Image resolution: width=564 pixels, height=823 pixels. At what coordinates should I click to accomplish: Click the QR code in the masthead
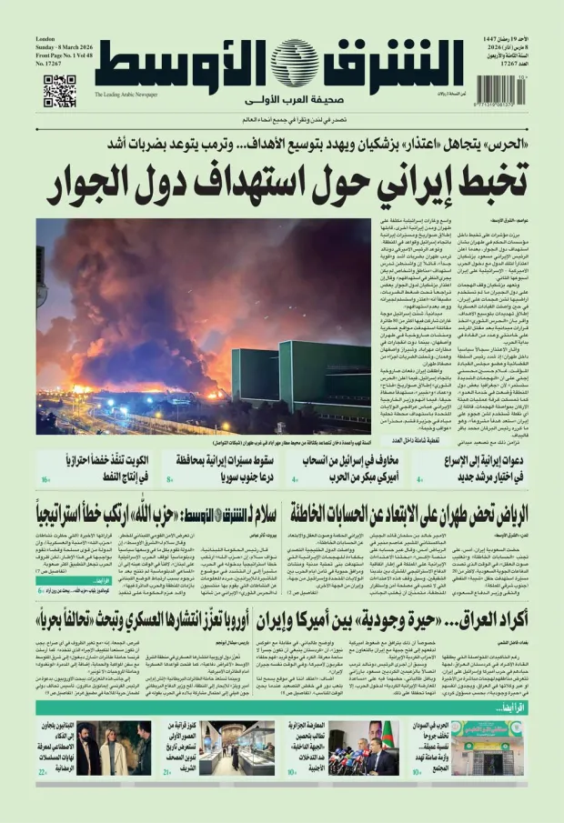pyautogui.click(x=59, y=92)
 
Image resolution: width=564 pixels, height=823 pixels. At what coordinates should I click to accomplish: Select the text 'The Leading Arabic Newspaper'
pyautogui.click(x=126, y=95)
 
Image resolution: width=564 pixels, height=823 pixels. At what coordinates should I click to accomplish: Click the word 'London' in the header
pyautogui.click(x=46, y=39)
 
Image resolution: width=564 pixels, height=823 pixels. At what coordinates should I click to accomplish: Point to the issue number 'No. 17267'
pyautogui.click(x=53, y=64)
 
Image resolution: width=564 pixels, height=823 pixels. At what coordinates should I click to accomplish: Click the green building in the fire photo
pyautogui.click(x=314, y=373)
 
